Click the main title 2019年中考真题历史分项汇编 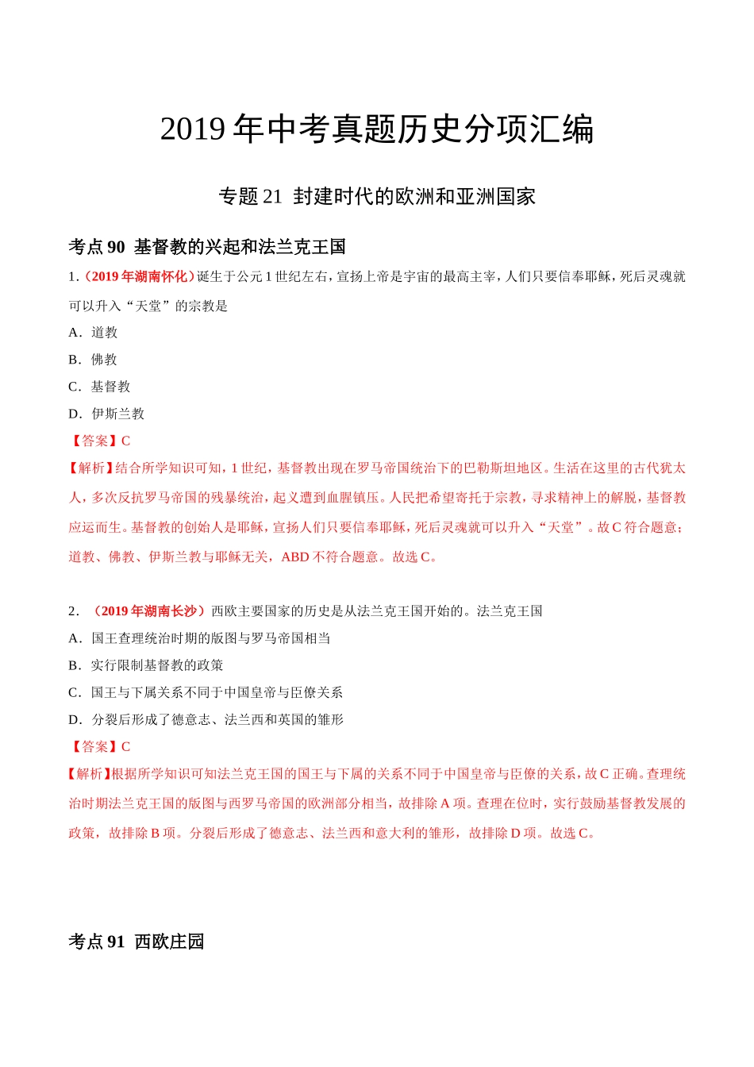point(377,129)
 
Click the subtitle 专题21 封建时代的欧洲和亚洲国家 point(377,196)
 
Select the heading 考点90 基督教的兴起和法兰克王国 point(207,247)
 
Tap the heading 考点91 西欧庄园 point(137,942)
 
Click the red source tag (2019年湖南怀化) point(140,276)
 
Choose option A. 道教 point(93,333)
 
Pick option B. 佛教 point(93,360)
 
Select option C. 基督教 point(99,387)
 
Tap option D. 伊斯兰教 point(106,414)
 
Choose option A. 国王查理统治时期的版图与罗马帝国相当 point(199,638)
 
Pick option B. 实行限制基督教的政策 point(146,665)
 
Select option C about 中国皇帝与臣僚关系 point(206,692)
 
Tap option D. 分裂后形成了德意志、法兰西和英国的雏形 point(206,719)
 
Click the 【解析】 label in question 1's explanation point(91,468)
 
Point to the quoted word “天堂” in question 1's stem point(148,306)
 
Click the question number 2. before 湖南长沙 point(74,611)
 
